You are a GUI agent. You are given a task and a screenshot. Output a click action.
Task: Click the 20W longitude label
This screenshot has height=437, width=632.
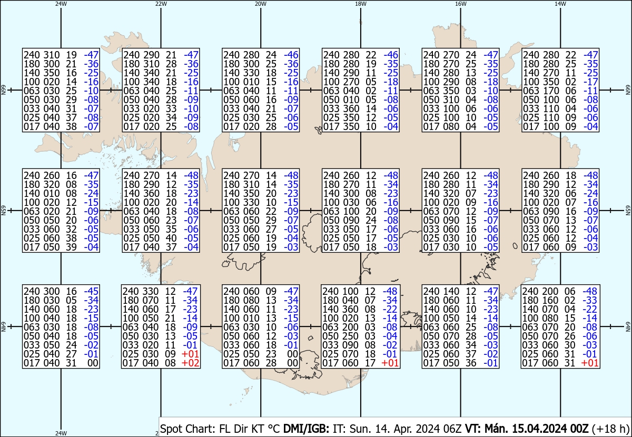260,4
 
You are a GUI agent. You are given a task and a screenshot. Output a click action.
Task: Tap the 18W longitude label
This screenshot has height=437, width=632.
361,4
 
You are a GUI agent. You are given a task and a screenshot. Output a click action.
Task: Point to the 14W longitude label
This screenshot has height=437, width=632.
560,4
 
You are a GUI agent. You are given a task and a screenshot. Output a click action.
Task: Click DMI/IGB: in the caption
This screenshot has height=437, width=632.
306,429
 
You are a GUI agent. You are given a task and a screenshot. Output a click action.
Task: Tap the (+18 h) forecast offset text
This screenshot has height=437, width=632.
610,429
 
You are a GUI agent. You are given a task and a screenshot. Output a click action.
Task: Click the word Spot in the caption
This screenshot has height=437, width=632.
170,429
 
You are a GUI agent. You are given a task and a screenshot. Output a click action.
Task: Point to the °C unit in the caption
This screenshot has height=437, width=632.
273,429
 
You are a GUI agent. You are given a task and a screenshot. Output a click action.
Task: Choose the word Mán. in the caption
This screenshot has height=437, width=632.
497,429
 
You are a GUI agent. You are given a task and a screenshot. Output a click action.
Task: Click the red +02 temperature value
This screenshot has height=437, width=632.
191,363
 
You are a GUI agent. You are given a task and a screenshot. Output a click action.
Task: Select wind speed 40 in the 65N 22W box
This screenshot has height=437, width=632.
171,238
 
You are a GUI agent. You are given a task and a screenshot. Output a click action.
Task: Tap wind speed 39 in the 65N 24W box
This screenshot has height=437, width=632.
72,247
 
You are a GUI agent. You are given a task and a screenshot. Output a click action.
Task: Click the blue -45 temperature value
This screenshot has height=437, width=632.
91,291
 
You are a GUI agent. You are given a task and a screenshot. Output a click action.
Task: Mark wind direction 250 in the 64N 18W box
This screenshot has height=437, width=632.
350,336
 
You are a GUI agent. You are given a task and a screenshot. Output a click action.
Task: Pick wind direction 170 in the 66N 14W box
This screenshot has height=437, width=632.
551,91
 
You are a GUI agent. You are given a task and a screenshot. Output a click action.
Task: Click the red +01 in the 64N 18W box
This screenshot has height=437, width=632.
390,363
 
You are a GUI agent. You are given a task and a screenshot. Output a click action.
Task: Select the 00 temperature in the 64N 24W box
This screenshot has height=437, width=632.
93,363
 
